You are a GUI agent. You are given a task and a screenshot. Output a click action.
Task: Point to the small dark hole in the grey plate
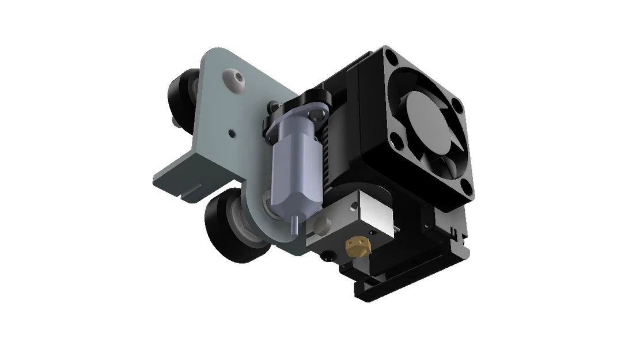click(232, 134)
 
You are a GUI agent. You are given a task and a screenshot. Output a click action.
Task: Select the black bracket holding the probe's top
click(300, 106)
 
